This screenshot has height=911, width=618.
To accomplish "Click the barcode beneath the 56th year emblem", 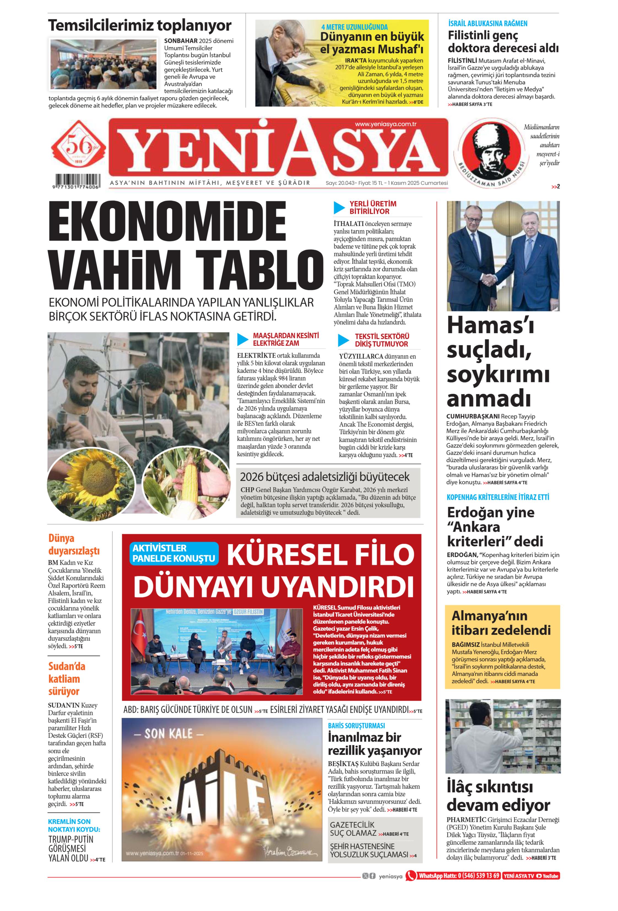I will pyautogui.click(x=77, y=182).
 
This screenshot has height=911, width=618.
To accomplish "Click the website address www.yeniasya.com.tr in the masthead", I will pyautogui.click(x=385, y=124).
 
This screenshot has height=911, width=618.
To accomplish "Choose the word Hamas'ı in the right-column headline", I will pyautogui.click(x=490, y=325).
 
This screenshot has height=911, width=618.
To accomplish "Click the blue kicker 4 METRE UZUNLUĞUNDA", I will pyautogui.click(x=354, y=27).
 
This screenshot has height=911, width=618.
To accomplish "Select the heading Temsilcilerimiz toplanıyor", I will pyautogui.click(x=140, y=25).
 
